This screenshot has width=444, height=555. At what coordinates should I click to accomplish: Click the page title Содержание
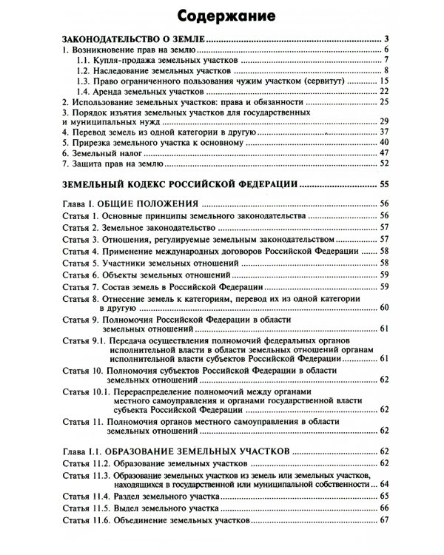[x=222, y=14]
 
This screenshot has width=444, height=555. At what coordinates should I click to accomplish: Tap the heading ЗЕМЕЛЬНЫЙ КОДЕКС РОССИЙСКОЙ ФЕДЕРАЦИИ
[x=178, y=183]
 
